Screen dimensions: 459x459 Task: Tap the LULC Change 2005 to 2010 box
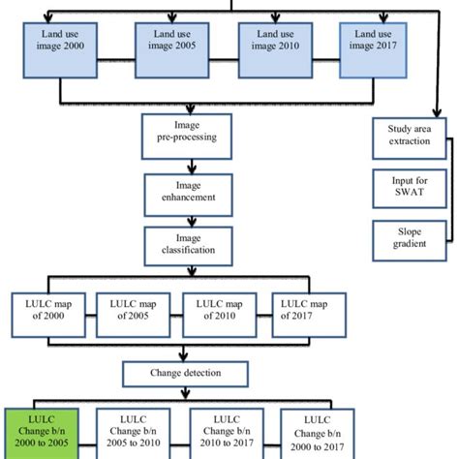(135, 431)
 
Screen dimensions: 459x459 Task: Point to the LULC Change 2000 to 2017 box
(319, 431)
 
